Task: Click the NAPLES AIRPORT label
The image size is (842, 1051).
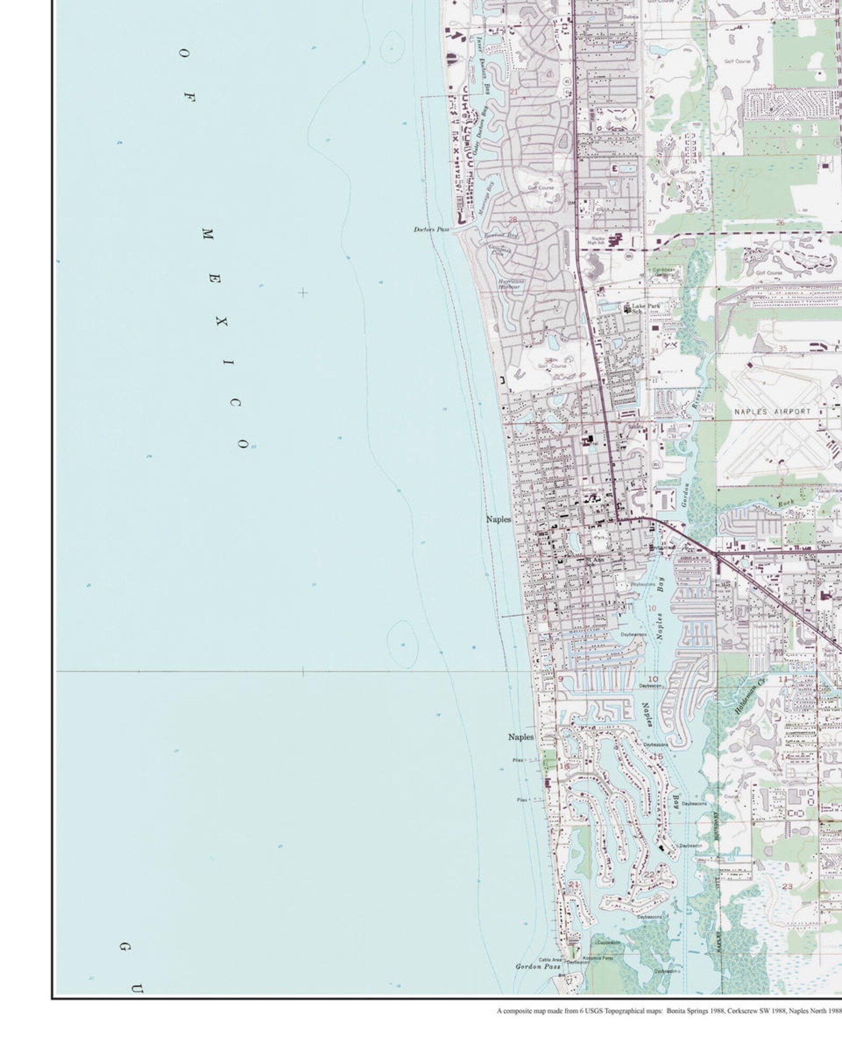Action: pos(773,411)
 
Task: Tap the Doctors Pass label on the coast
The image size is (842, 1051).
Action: pos(431,229)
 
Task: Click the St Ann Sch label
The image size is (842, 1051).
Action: pos(594,561)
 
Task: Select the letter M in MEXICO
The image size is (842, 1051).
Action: pos(207,233)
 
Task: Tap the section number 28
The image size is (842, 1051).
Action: pos(512,219)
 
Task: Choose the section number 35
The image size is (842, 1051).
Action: pos(783,348)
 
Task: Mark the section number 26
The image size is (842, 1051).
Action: pos(779,223)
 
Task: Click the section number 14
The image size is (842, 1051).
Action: pos(785,757)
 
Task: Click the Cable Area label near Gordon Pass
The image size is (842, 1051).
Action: pos(550,960)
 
